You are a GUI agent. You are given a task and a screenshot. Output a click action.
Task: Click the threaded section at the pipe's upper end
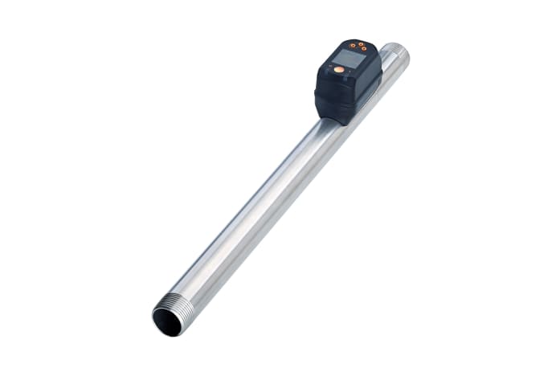(397, 54)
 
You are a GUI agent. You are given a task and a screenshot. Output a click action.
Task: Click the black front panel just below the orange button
(337, 80)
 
